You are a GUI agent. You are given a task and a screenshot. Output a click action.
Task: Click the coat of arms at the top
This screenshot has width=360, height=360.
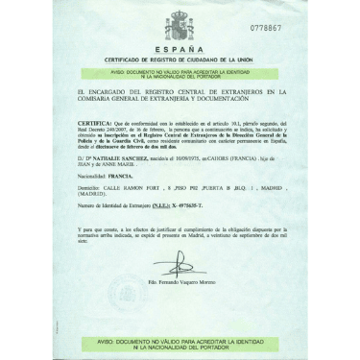click(180, 26)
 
